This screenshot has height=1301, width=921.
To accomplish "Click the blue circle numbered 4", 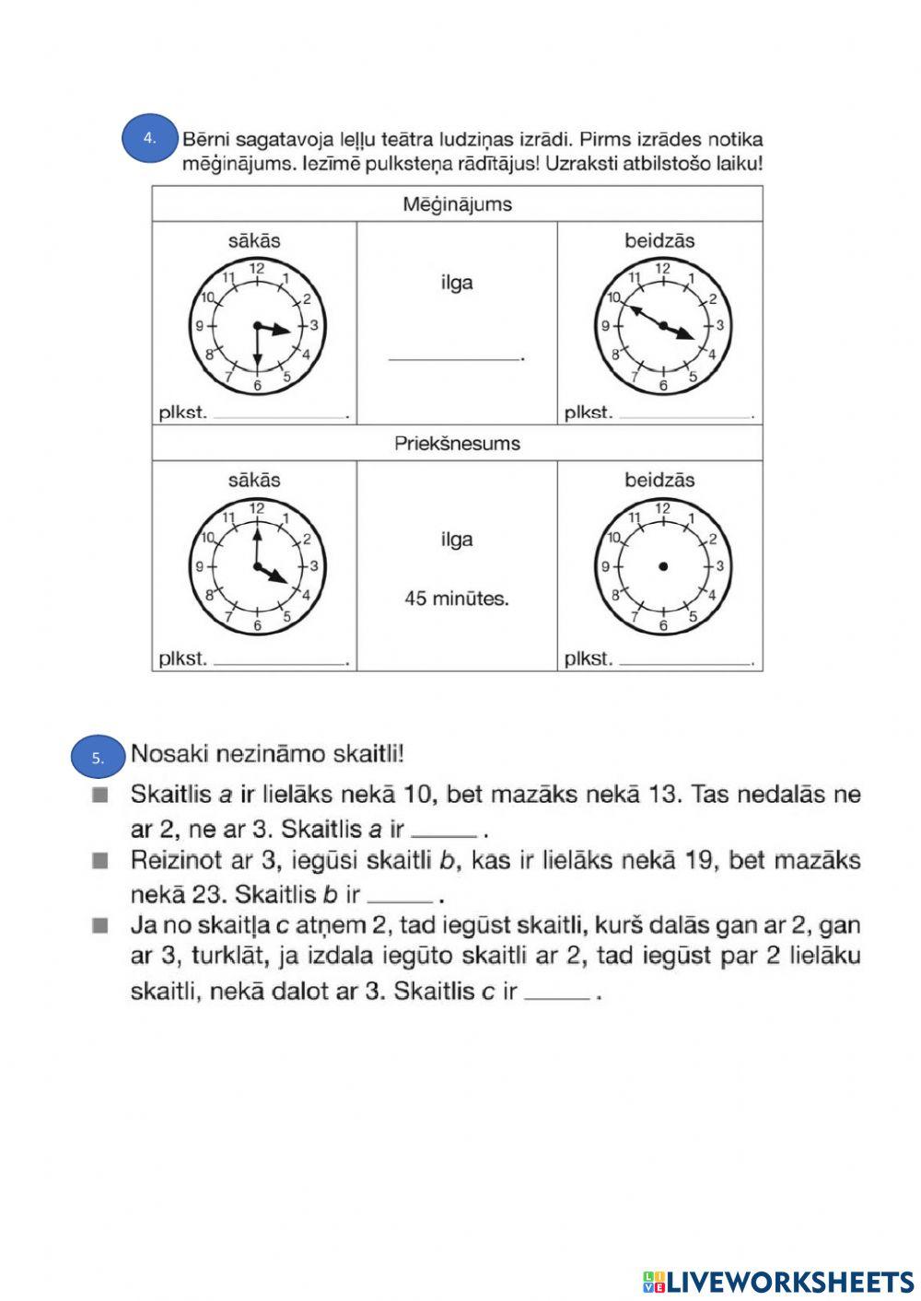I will [x=150, y=138].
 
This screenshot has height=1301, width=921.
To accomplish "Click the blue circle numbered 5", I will [x=99, y=758].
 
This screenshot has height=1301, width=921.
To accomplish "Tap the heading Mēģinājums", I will [x=457, y=204].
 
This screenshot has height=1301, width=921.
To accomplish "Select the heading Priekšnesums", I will [x=457, y=444].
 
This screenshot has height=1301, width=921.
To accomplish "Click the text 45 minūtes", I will [x=457, y=598].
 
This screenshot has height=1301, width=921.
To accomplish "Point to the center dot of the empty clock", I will [x=662, y=566].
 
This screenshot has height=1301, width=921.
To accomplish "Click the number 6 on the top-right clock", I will [x=663, y=385].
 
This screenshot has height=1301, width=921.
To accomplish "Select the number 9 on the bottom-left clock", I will [x=199, y=566].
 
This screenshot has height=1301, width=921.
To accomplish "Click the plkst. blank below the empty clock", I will [x=685, y=661].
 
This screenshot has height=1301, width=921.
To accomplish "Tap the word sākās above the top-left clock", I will [x=254, y=241].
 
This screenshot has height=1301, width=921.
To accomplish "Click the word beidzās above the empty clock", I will [x=659, y=481].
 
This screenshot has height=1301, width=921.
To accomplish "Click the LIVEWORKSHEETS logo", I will [x=778, y=1281].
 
